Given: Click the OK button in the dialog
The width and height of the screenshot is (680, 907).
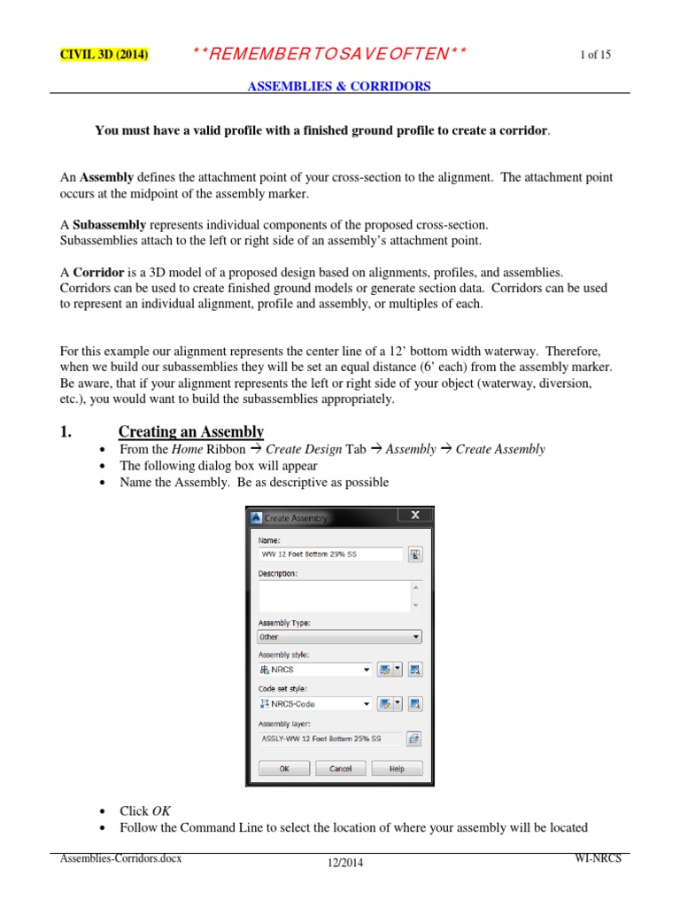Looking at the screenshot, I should [x=283, y=769].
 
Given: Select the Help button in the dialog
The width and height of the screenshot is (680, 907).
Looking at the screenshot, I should [x=397, y=769].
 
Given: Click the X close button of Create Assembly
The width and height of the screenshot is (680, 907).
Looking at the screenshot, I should [x=414, y=516].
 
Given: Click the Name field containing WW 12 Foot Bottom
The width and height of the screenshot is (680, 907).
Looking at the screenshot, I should [x=329, y=554].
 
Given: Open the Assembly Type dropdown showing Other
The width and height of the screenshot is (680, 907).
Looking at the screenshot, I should [x=339, y=636].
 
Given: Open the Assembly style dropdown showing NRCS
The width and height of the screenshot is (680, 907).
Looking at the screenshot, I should [x=314, y=670].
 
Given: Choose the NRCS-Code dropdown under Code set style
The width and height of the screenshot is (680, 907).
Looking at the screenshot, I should [x=314, y=703].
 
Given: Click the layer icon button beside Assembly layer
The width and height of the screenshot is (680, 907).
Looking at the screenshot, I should [x=413, y=738].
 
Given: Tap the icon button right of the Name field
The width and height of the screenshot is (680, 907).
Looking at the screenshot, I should [x=414, y=554].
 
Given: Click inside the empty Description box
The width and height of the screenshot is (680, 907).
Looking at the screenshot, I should [x=332, y=595].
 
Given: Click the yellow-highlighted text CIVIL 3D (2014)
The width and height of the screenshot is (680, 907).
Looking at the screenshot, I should [x=104, y=55].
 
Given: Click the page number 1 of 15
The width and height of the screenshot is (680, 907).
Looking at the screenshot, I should [x=595, y=55].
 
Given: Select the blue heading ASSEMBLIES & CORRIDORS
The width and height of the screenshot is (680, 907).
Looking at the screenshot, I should [x=338, y=86].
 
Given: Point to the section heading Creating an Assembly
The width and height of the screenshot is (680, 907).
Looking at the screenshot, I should [x=191, y=431].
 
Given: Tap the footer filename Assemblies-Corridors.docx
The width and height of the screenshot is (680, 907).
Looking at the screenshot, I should [x=120, y=858].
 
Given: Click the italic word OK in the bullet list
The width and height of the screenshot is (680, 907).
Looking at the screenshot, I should [x=161, y=810].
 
